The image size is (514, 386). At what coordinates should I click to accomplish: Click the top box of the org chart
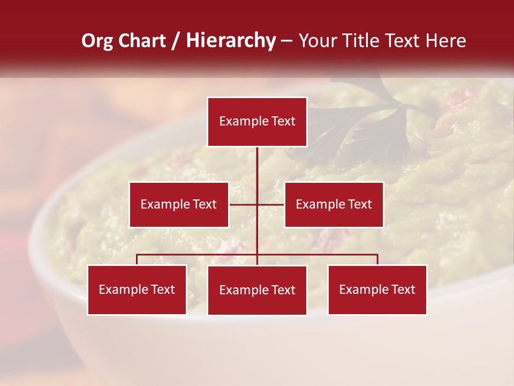[x=257, y=122]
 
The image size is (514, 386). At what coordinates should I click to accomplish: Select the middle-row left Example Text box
[x=179, y=204]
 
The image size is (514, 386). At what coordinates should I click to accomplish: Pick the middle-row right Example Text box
[x=334, y=204]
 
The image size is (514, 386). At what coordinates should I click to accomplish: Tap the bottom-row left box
[x=137, y=289]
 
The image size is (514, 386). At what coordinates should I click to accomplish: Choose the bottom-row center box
[x=257, y=290]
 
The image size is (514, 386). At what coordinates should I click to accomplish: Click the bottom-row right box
[x=377, y=289]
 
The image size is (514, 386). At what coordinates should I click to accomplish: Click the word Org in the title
[x=97, y=41]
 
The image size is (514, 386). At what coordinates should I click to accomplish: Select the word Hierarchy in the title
[x=231, y=41]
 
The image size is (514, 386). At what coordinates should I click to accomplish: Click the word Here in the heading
[x=445, y=41]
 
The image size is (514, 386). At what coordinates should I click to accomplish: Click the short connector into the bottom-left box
[x=137, y=259]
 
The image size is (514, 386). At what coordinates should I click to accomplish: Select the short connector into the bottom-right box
[x=377, y=259]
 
